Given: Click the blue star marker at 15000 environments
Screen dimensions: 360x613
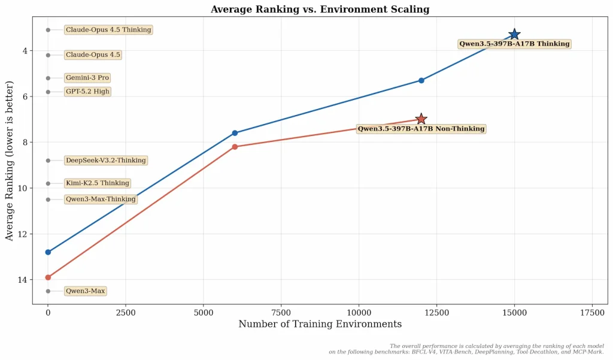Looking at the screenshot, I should click(514, 35).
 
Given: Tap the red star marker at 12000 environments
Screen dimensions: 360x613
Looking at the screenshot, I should click(421, 119).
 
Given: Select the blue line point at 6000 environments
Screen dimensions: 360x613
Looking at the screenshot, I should click(235, 133).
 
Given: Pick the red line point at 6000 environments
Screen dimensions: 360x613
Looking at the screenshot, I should click(235, 147).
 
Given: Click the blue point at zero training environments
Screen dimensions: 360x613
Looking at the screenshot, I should click(48, 252).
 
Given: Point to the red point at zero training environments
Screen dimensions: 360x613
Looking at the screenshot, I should click(48, 277).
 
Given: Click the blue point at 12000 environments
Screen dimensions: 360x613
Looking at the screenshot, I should click(421, 80).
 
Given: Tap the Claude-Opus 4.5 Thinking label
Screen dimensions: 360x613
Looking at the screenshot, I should click(108, 30).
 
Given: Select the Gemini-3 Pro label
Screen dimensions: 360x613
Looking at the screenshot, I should click(87, 78).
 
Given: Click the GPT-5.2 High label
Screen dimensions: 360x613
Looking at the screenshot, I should click(87, 92).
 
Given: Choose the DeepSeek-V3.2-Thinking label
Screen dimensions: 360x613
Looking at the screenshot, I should click(105, 161).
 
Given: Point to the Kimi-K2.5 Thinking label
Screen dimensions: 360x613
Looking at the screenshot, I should click(97, 183).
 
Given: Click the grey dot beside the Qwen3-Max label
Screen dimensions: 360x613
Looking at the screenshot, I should click(48, 291).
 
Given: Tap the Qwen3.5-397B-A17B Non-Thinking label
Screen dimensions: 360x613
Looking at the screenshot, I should click(421, 129).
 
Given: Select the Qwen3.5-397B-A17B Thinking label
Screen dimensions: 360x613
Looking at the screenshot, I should click(514, 44).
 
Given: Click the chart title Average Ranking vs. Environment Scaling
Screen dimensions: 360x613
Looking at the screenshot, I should click(320, 10).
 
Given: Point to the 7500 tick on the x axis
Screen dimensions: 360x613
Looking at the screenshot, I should click(281, 313).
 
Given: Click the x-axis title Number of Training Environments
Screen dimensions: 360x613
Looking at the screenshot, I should click(320, 325).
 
